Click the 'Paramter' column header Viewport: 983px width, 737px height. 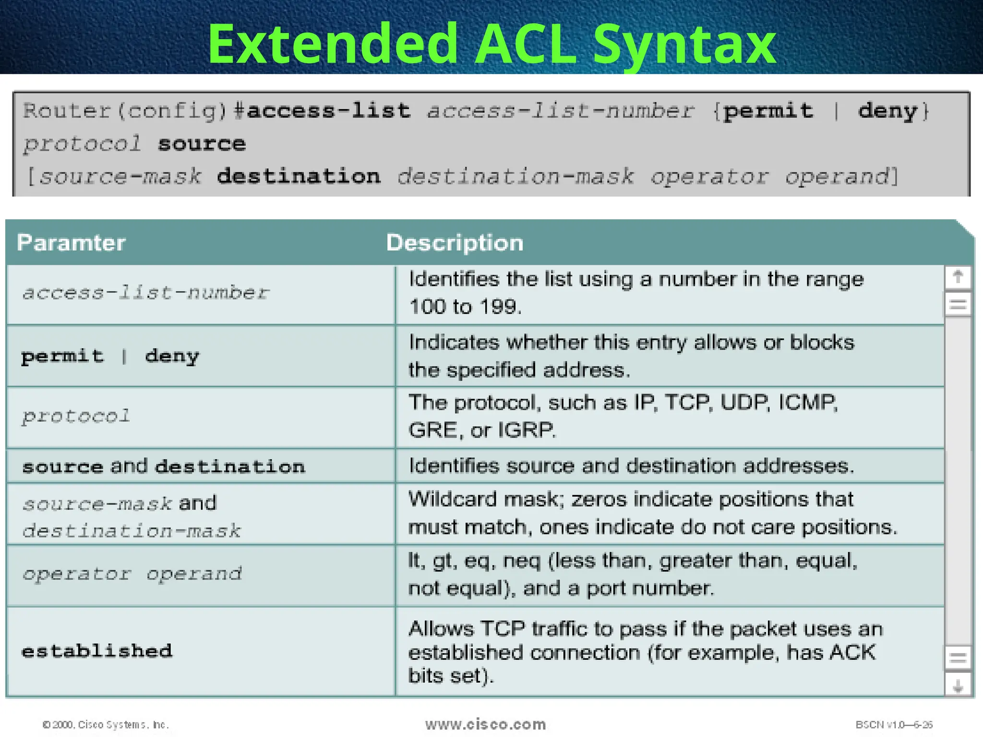71,243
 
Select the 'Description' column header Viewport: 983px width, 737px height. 455,243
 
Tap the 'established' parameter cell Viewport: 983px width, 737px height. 97,651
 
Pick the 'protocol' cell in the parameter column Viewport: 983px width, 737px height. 76,416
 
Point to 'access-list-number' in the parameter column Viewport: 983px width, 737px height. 145,293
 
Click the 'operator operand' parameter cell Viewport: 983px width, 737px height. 132,574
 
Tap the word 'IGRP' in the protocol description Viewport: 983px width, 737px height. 526,430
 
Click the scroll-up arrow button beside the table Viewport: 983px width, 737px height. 958,277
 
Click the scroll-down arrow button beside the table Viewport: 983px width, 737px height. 958,685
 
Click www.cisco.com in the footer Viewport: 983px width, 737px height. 485,724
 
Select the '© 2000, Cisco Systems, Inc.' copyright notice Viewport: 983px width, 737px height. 106,725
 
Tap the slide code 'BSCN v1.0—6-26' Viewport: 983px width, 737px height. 894,725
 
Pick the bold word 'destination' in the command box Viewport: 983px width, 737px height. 299,176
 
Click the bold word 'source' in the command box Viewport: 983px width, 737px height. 202,143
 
